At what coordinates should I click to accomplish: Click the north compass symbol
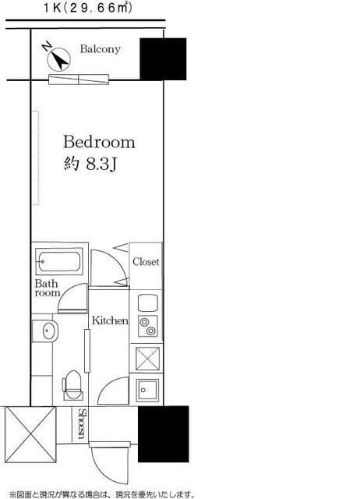(56, 57)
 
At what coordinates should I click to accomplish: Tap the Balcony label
(101, 49)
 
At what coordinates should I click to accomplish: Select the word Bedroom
(99, 142)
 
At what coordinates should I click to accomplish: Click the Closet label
(146, 262)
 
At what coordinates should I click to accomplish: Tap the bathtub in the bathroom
(59, 262)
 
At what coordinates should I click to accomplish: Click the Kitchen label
(110, 320)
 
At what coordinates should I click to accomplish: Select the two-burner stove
(148, 326)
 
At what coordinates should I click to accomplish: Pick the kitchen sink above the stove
(148, 303)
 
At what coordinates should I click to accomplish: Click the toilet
(72, 385)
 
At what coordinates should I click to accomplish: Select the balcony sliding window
(79, 80)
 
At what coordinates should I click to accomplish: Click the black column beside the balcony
(163, 59)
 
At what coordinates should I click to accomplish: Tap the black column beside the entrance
(163, 434)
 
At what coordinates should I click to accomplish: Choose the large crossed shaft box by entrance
(30, 435)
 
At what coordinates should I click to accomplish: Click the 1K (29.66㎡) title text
(87, 8)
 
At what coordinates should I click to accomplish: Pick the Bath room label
(47, 288)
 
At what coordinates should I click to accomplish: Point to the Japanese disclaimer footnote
(102, 494)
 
